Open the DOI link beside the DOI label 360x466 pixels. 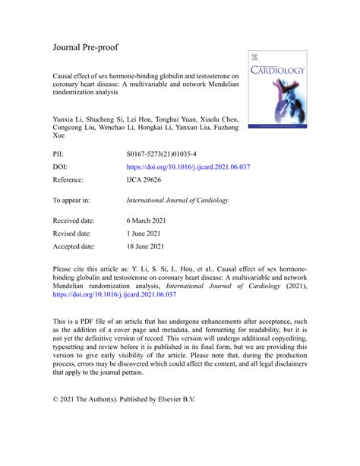188,167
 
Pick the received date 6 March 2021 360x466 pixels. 151,221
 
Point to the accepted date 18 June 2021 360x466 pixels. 150,247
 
